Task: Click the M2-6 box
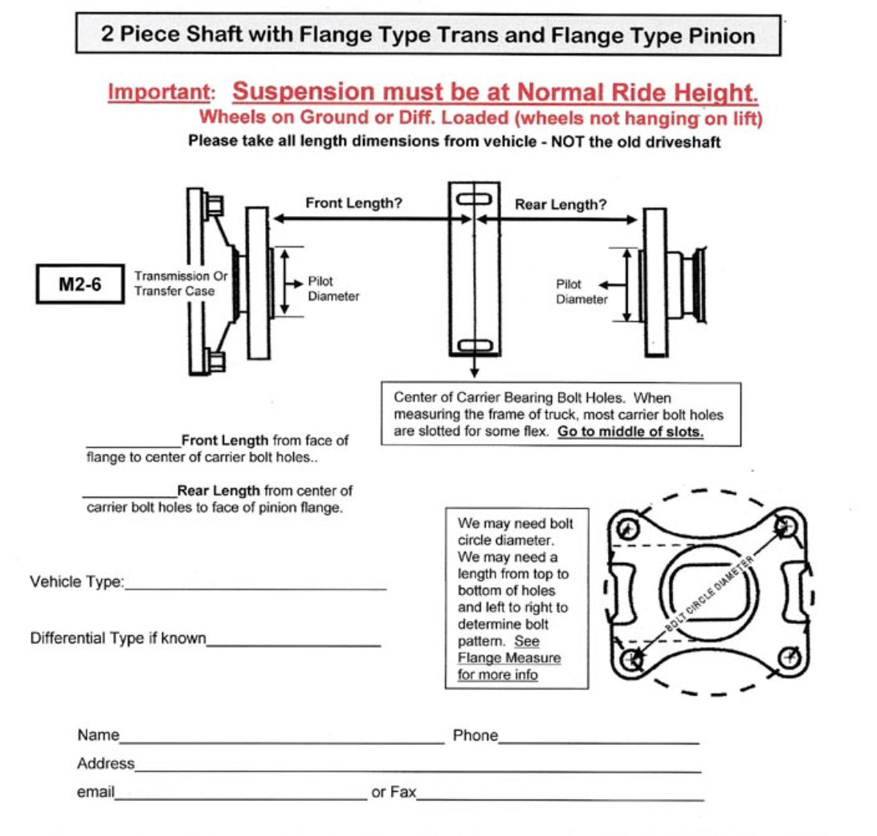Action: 80,284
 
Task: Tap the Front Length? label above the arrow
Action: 353,203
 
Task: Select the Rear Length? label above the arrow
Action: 561,205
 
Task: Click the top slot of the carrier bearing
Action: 474,198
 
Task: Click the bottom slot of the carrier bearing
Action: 474,345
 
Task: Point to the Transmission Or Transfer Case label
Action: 181,283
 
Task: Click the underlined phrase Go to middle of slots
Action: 630,431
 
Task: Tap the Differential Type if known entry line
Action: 293,644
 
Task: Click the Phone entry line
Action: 598,742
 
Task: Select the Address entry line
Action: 418,769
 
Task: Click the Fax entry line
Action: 560,799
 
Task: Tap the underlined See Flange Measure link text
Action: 509,659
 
